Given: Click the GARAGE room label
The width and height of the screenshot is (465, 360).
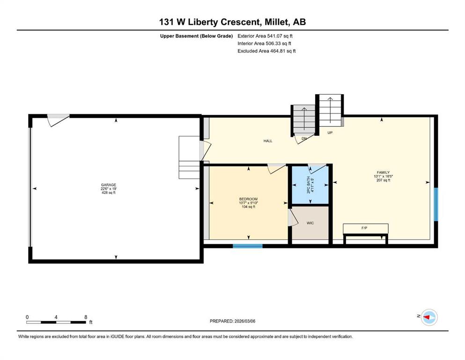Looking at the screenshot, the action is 109,185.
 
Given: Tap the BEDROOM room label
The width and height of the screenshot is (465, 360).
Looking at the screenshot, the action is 249,199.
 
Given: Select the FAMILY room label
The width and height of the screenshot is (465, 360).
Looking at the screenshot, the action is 383,172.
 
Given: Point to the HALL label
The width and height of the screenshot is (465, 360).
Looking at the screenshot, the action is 268,141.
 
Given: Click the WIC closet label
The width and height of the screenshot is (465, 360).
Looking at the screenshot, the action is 310,223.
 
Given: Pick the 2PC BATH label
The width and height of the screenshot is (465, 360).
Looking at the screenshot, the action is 309,186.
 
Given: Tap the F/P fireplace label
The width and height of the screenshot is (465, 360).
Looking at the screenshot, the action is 364,228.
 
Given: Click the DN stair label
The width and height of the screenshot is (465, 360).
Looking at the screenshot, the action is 304,138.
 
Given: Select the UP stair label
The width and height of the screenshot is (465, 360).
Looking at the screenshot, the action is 330,133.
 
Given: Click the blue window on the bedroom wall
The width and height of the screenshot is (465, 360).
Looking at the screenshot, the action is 248,246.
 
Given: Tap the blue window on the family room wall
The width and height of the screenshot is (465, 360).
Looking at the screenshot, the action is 436,204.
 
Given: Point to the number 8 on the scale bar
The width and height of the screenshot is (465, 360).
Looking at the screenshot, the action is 86,317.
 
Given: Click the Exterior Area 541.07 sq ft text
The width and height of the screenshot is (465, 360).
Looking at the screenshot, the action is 265,36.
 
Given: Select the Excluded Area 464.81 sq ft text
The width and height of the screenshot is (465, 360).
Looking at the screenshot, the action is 266,51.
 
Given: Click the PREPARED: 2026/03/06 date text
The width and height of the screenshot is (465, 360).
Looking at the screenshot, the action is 232,321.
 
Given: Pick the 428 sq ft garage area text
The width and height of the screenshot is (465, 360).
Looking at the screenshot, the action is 109,193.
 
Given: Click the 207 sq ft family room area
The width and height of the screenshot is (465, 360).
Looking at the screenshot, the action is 383,180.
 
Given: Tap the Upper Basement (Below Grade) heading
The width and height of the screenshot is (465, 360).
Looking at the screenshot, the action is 196,36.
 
